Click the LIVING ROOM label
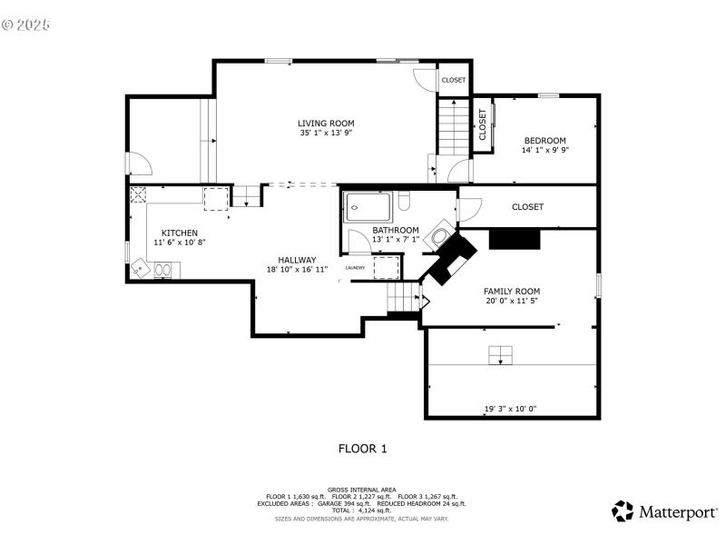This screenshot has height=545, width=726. point(326,123)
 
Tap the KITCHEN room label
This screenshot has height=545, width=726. point(179,233)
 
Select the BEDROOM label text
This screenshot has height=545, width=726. point(544,140)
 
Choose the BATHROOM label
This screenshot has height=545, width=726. point(395,230)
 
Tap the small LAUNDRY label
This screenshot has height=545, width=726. point(355,268)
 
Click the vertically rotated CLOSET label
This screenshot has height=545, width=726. point(483,125)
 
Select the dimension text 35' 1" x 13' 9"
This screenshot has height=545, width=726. point(326,133)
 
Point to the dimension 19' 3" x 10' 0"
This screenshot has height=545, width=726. point(510,409)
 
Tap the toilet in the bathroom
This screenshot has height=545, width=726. point(405,200)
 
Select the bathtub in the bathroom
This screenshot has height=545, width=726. point(368,206)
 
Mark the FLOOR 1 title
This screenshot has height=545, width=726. point(362,448)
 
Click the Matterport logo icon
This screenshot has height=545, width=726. point(623,510)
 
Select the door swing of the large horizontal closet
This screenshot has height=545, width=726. point(466,210)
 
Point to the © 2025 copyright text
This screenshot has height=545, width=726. point(27,25)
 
